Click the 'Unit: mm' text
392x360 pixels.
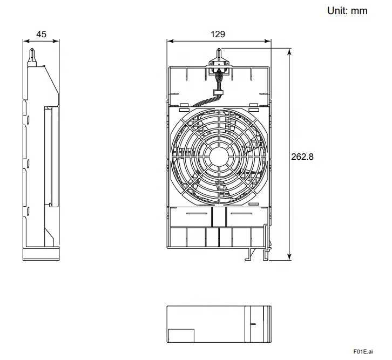pos(347,10)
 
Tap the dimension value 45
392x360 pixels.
pos(41,34)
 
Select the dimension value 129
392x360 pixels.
pos(218,34)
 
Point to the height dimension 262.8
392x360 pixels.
pos(302,157)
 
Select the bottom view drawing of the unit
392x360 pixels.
pos(218,323)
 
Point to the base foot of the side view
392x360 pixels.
pos(41,254)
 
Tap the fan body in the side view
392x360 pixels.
pos(51,157)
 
